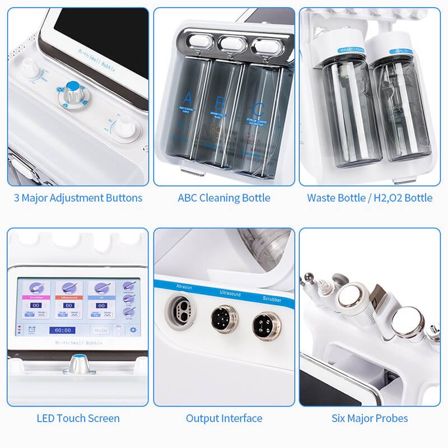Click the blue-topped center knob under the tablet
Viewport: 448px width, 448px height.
72,88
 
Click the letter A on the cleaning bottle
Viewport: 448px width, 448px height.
188,97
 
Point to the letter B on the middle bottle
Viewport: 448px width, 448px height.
220,102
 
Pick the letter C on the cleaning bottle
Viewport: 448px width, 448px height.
258,109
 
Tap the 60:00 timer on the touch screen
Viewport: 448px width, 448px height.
62,331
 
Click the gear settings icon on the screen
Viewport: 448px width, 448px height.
133,330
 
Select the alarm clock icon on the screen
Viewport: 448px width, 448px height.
29,330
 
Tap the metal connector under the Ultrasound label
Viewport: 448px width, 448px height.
221,318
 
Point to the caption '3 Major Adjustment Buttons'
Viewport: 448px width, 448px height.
78,198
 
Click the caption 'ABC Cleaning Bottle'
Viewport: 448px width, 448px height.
224,198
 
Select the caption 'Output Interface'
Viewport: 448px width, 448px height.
224,418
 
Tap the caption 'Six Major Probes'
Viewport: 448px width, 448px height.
370,418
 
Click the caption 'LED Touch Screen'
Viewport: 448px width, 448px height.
78,418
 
